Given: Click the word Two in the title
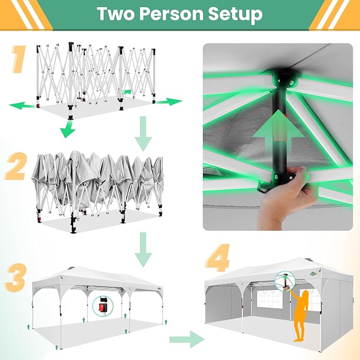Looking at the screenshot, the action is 116,14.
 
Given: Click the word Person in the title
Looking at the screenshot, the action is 171,14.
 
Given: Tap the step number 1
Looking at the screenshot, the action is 19,59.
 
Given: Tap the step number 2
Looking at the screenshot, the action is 15,166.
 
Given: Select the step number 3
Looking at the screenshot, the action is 16,278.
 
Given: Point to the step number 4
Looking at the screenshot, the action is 217,258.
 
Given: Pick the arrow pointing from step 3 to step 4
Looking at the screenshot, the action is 187,339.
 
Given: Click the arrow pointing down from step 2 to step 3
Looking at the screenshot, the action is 143,250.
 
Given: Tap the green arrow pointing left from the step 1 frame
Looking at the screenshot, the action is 22,106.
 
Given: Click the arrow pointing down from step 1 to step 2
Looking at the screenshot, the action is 143,134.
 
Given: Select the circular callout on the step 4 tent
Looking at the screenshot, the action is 285,281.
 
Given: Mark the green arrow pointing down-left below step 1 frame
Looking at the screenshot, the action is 68,129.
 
